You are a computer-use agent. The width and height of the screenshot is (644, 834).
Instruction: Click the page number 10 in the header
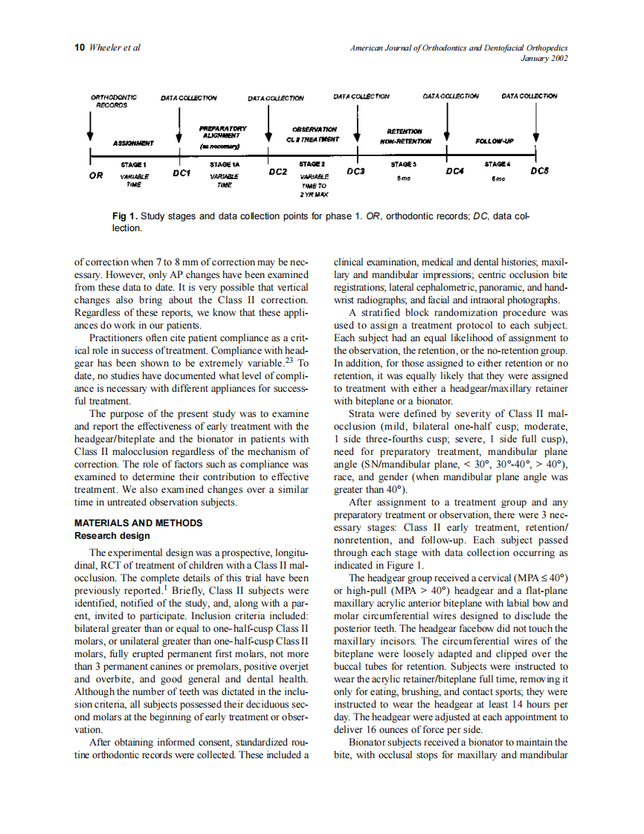click(80, 48)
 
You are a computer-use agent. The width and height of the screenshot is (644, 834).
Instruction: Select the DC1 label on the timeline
click(181, 172)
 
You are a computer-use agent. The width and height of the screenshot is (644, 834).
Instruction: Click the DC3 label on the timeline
click(355, 171)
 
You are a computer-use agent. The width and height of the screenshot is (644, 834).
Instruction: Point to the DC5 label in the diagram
click(539, 172)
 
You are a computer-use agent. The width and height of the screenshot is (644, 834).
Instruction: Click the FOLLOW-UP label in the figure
click(494, 140)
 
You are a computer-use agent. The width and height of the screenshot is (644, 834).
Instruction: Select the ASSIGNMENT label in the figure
click(133, 143)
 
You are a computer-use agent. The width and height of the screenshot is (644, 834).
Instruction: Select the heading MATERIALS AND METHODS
click(138, 523)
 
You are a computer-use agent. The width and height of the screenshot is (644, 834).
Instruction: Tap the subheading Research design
click(112, 535)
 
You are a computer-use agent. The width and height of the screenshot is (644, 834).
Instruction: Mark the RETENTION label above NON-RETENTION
click(405, 131)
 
